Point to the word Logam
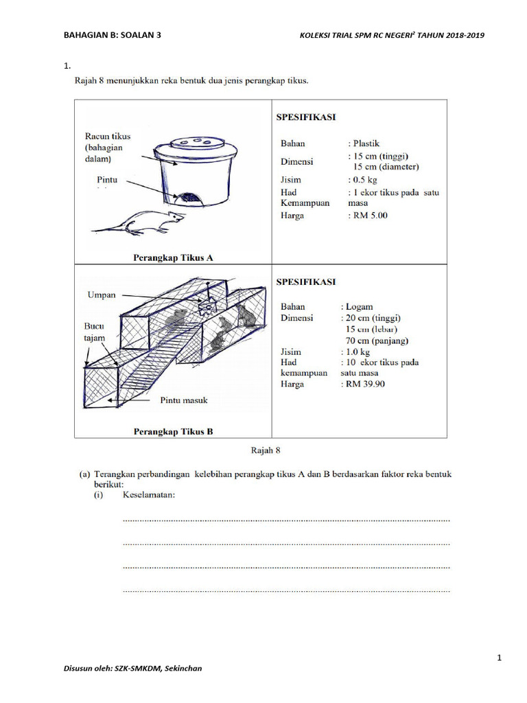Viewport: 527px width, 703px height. tap(358, 307)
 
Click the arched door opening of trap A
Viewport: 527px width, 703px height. tap(189, 199)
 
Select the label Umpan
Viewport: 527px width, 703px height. tap(102, 295)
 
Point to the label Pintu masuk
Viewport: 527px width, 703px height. tap(184, 400)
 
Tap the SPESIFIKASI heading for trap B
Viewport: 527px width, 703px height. tap(305, 281)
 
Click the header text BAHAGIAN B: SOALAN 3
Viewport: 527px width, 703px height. tap(113, 35)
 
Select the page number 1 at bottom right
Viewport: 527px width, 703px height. tap(500, 658)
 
